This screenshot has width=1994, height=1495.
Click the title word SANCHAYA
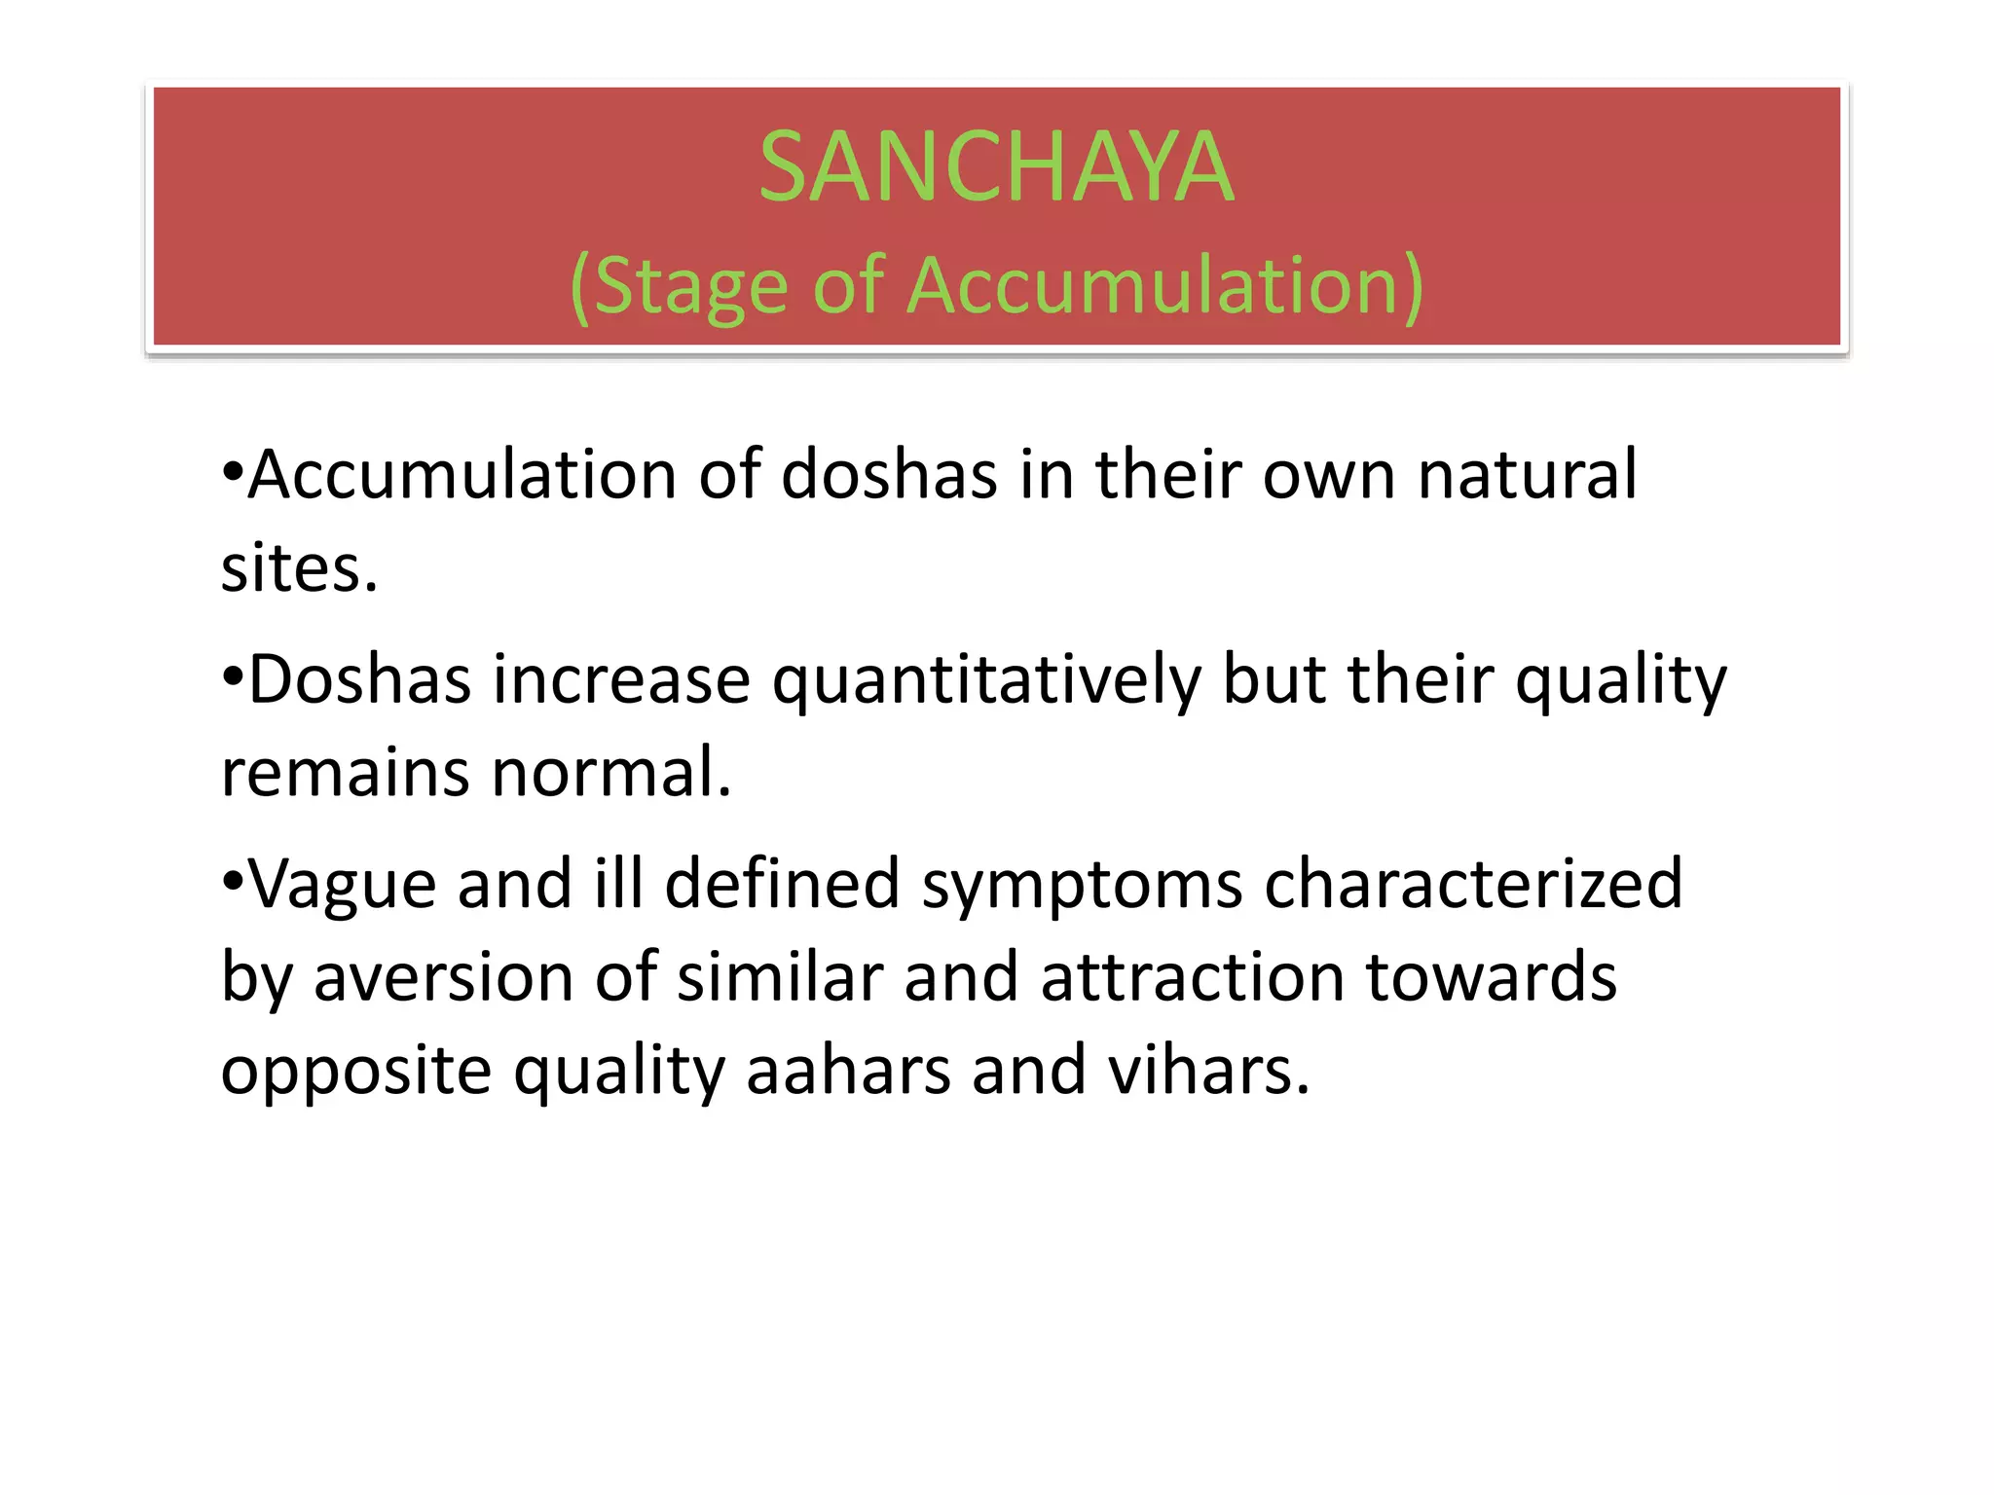(x=996, y=167)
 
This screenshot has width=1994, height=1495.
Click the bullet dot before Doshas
(x=232, y=677)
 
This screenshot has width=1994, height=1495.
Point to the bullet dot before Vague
(x=232, y=882)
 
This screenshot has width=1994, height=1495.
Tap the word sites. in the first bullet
(x=299, y=568)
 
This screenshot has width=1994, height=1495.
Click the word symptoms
(x=1082, y=886)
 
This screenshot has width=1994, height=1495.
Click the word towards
(x=1491, y=977)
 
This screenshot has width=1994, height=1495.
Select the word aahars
(x=848, y=1070)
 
